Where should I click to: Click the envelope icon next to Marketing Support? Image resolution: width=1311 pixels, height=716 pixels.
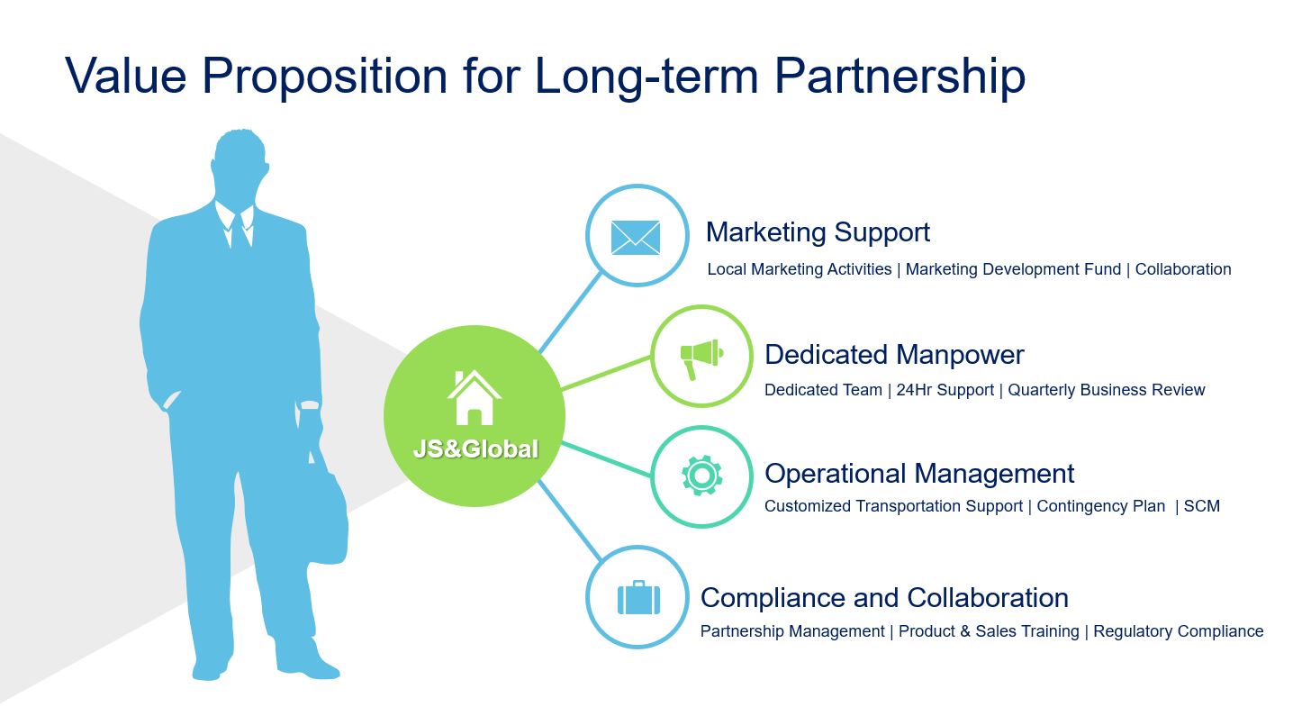coord(636,238)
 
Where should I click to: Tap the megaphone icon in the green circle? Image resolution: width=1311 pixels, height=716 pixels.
coord(701,358)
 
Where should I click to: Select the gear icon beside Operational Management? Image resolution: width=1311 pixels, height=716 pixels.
coord(701,476)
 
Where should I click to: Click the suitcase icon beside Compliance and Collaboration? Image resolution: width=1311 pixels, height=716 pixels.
coord(638,598)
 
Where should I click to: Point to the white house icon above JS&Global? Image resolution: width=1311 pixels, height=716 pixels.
coord(474,397)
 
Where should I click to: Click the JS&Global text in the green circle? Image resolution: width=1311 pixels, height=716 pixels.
coord(475,449)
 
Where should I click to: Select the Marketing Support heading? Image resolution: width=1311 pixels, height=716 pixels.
coord(818,232)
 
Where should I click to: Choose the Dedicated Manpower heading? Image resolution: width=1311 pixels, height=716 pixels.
coord(894,355)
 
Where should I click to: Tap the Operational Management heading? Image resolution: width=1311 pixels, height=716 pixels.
coord(919,474)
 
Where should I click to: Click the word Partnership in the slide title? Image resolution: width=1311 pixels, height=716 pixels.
coord(900,77)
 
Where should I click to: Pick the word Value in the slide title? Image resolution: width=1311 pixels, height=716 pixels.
coord(126,77)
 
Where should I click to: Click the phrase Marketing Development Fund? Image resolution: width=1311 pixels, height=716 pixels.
coord(1013,269)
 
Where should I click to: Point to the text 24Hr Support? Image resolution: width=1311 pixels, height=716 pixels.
coord(945,390)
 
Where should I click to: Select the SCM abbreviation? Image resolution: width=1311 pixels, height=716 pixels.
coord(1201,506)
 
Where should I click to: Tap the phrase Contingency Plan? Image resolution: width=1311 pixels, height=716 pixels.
coord(1101,506)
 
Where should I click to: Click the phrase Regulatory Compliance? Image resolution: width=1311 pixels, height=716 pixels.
coord(1178,631)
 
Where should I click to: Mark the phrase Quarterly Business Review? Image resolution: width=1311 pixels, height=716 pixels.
coord(1106,391)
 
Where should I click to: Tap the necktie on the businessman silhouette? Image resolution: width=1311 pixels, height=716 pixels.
coord(239,232)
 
